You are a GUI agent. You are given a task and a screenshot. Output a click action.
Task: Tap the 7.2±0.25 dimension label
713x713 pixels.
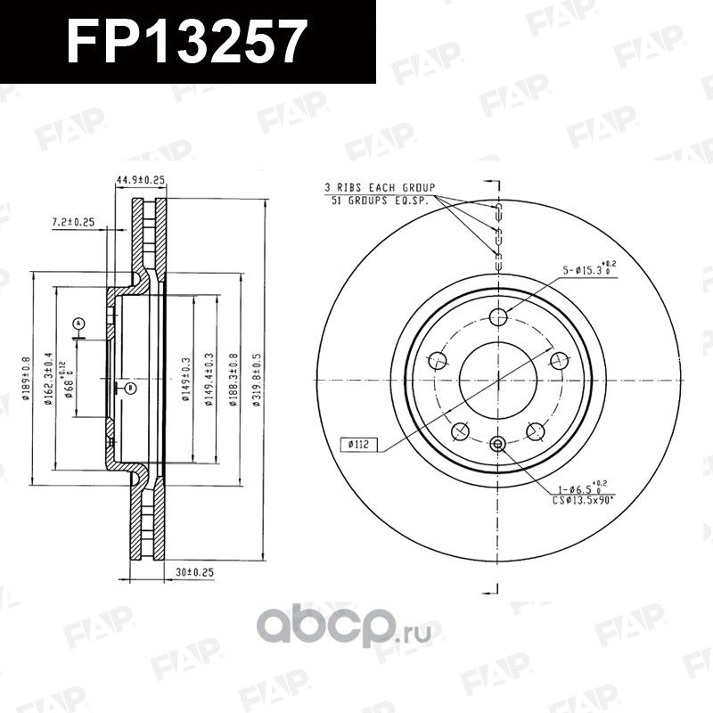(x=73, y=221)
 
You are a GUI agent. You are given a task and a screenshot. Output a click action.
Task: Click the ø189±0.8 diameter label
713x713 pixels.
(x=26, y=381)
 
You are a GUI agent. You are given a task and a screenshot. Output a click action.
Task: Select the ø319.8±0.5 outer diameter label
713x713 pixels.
(x=256, y=381)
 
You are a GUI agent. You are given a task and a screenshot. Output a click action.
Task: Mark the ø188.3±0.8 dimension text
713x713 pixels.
(x=233, y=381)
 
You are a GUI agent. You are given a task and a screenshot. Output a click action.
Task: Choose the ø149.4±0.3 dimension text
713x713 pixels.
(x=208, y=381)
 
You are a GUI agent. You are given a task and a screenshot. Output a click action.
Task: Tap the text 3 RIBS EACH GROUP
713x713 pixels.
(x=380, y=188)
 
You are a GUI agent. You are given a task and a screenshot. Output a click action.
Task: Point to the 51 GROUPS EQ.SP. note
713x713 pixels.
(x=378, y=201)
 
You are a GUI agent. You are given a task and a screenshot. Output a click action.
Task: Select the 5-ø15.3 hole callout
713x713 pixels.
(x=589, y=268)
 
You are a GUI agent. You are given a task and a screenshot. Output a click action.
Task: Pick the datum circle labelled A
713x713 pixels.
(x=78, y=323)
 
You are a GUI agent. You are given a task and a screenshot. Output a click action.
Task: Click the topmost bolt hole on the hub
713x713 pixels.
(x=498, y=316)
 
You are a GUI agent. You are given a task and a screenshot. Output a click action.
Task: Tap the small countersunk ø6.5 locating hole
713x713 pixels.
(x=498, y=444)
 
